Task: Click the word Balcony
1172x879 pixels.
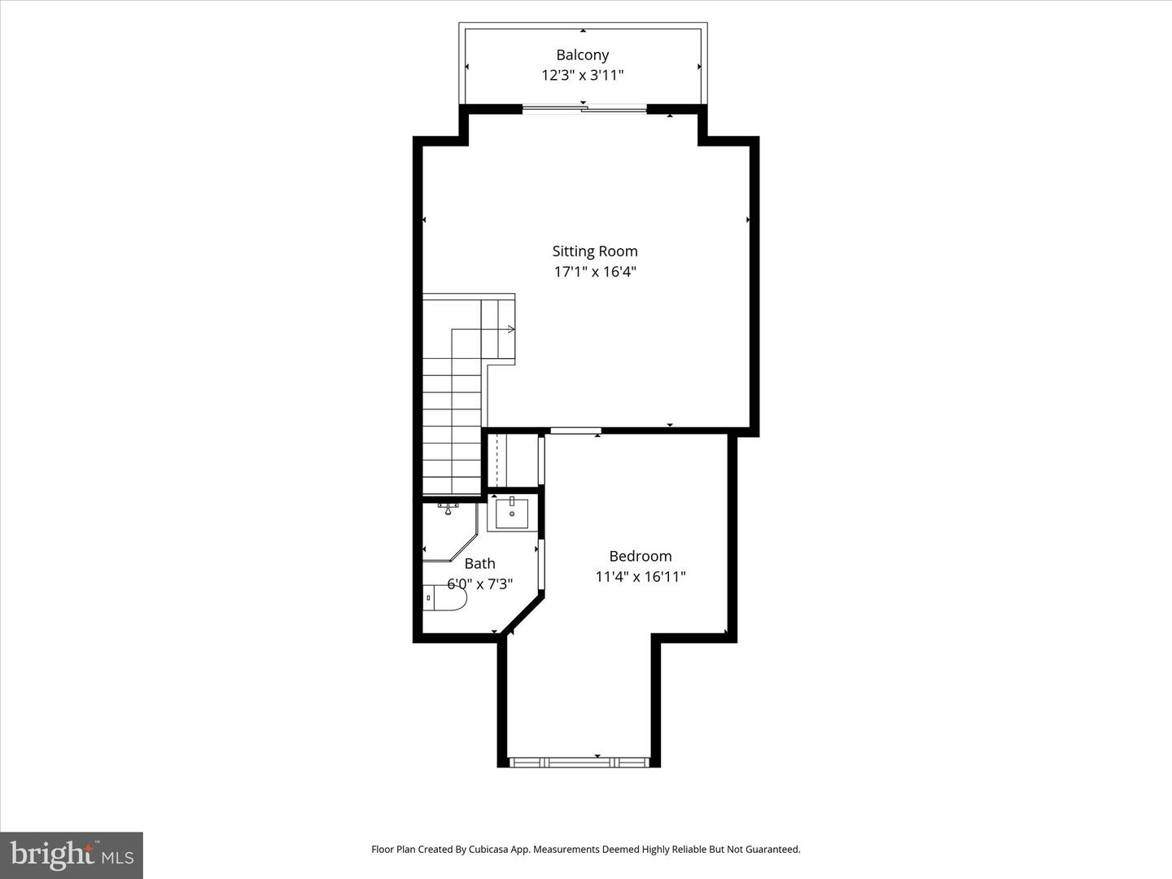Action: [x=582, y=55]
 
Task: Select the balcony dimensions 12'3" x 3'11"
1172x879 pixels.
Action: [x=582, y=75]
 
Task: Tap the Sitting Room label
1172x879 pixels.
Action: [x=594, y=251]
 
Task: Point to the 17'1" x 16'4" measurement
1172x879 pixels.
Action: [x=594, y=272]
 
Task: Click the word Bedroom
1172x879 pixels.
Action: [x=640, y=556]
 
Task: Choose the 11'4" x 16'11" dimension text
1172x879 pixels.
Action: [x=640, y=576]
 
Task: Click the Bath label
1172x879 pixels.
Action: [x=479, y=563]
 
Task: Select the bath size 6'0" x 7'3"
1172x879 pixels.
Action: [x=479, y=584]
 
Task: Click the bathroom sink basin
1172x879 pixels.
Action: [x=512, y=514]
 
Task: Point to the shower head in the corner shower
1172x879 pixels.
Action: [x=448, y=509]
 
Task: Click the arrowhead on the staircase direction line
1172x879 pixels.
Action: [x=511, y=329]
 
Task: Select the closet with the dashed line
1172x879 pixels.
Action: [x=513, y=460]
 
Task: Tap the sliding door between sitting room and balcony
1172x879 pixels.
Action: [x=584, y=108]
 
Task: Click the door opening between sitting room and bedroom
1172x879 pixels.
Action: [x=575, y=430]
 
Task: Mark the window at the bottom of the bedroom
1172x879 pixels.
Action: [x=579, y=763]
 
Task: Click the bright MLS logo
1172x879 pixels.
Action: [x=72, y=855]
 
